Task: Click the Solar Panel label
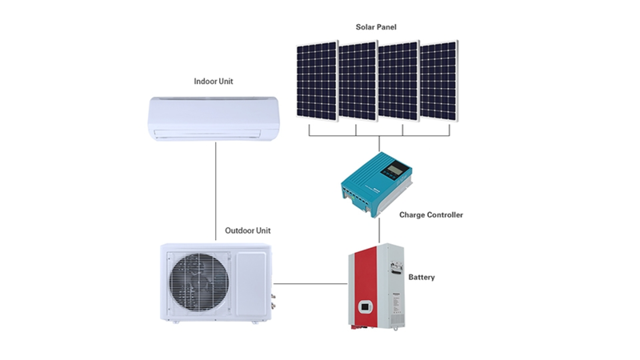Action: pyautogui.click(x=376, y=27)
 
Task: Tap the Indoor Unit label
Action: pyautogui.click(x=214, y=82)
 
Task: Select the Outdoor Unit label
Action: pyautogui.click(x=248, y=230)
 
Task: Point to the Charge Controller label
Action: pyautogui.click(x=431, y=214)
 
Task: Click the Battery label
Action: pyautogui.click(x=422, y=277)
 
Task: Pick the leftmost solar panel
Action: pyautogui.click(x=318, y=81)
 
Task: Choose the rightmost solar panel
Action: pyautogui.click(x=439, y=81)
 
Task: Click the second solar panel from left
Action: pyautogui.click(x=358, y=81)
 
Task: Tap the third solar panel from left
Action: pyautogui.click(x=398, y=81)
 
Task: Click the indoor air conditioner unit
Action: pyautogui.click(x=214, y=118)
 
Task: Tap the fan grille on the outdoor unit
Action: pyautogui.click(x=199, y=282)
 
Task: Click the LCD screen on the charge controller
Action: pyautogui.click(x=395, y=168)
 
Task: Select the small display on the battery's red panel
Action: pyautogui.click(x=365, y=307)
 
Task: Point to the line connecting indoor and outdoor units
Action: pyautogui.click(x=215, y=191)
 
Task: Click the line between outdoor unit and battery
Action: pyautogui.click(x=310, y=284)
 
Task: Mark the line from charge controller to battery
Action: pyautogui.click(x=379, y=230)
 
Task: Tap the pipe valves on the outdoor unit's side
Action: pyautogui.click(x=273, y=301)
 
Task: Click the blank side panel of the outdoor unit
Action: pyautogui.click(x=251, y=283)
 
